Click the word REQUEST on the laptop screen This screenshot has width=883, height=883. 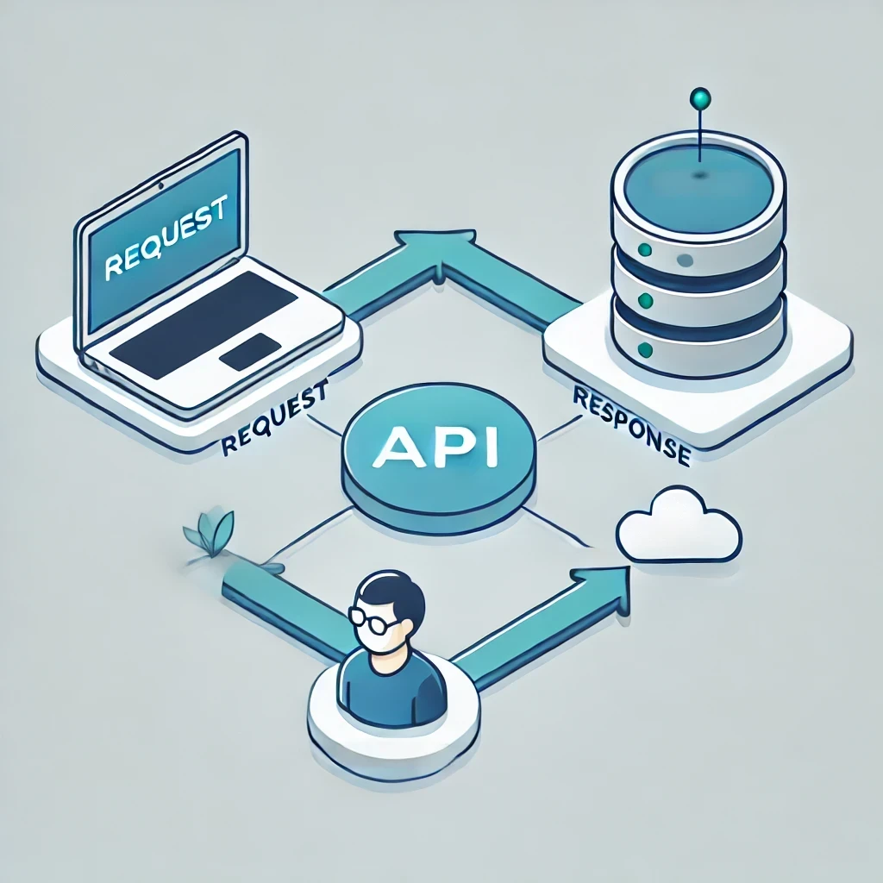pos(166,236)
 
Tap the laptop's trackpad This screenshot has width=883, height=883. pos(251,352)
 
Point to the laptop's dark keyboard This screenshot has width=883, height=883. pos(204,325)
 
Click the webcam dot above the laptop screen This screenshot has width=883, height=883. pos(161,185)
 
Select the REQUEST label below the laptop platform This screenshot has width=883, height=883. pos(274,416)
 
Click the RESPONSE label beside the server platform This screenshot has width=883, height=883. pos(632,426)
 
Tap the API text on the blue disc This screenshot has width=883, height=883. pos(435,447)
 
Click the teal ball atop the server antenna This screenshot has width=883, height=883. pos(700,99)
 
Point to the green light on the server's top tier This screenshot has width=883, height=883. pos(645,249)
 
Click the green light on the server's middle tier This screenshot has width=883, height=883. pos(646,300)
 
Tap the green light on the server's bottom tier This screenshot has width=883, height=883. pos(645,350)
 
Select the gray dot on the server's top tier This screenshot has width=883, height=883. pos(685,260)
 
